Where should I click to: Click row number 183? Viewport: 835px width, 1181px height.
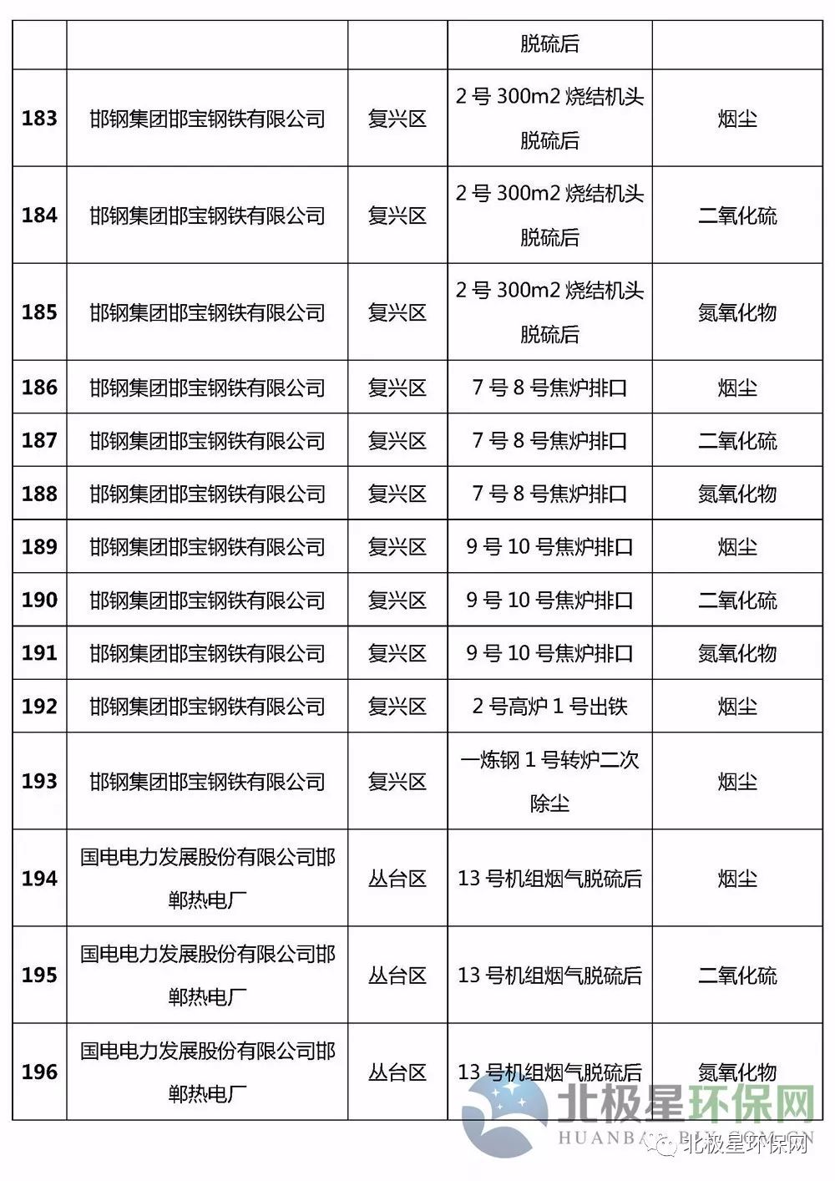coord(39,119)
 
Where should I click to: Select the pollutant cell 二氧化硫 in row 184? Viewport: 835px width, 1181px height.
coord(737,216)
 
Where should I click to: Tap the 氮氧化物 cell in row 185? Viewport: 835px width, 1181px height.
coord(737,313)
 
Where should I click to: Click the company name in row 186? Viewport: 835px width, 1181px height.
coord(207,388)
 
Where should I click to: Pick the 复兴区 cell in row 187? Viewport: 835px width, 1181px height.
coord(397,441)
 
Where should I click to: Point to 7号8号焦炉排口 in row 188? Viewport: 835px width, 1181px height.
coord(549,494)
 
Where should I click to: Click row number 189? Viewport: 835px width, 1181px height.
coord(39,547)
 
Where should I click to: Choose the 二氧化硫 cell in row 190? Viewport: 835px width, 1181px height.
coord(737,601)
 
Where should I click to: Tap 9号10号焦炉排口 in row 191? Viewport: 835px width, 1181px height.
coord(549,653)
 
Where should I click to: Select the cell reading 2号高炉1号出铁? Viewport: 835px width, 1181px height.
coord(549,707)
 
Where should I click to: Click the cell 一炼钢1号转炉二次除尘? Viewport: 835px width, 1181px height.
coord(549,782)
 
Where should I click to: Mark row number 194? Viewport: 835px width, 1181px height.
coord(39,879)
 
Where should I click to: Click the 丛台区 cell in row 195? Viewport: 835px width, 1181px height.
coord(397,976)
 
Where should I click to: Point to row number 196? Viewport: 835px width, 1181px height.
coord(39,1072)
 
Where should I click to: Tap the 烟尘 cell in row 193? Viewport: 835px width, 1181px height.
coord(737,782)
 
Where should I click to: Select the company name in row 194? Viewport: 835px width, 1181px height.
coord(207,879)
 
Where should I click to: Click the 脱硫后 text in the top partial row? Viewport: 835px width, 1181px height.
coord(549,44)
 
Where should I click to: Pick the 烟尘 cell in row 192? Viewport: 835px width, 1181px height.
coord(737,707)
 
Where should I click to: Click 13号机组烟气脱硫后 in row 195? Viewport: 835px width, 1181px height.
coord(549,976)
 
